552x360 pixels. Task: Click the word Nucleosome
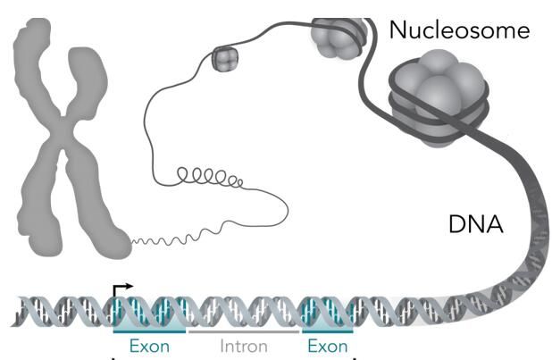click(x=459, y=29)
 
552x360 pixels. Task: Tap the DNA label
click(x=476, y=224)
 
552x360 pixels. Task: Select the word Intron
click(x=244, y=347)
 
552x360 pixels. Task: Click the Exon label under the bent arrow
click(x=149, y=346)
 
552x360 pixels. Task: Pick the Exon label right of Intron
click(x=328, y=346)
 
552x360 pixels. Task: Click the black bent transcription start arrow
click(x=122, y=291)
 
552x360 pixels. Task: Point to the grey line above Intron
click(x=244, y=331)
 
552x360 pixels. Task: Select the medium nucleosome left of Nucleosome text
click(x=338, y=37)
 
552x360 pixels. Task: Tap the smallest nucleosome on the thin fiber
click(x=225, y=59)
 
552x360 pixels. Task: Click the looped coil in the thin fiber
click(x=210, y=177)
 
